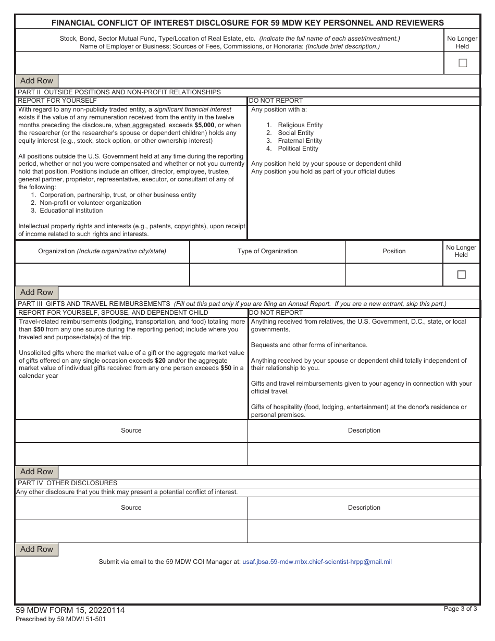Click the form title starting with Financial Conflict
pos(247,22)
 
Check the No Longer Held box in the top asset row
pos(462,63)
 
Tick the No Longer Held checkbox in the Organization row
pos(461,275)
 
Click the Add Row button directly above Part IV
pos(36,472)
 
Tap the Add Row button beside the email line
pos(36,549)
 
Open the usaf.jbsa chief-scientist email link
pos(317,562)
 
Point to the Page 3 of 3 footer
pos(460,608)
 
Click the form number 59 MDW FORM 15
pos(70,610)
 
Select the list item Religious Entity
pos(300,125)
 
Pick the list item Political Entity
pos(298,149)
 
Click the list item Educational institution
pos(71,211)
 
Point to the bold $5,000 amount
pos(204,125)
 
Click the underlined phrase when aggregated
pos(140,125)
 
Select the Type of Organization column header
pos(267,251)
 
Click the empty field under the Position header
pos(394,275)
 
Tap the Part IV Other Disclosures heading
pos(68,483)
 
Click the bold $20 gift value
pos(160,361)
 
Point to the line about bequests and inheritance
pos(309,345)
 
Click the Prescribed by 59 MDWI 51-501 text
pos(60,619)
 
